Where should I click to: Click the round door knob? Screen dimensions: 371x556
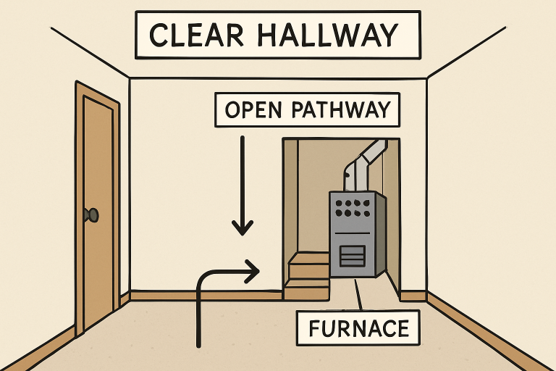pyautogui.click(x=93, y=214)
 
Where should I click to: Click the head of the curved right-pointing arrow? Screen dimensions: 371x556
pyautogui.click(x=253, y=272)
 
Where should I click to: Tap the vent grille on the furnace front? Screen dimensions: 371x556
pyautogui.click(x=353, y=255)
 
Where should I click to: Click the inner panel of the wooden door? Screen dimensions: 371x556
pyautogui.click(x=98, y=210)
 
